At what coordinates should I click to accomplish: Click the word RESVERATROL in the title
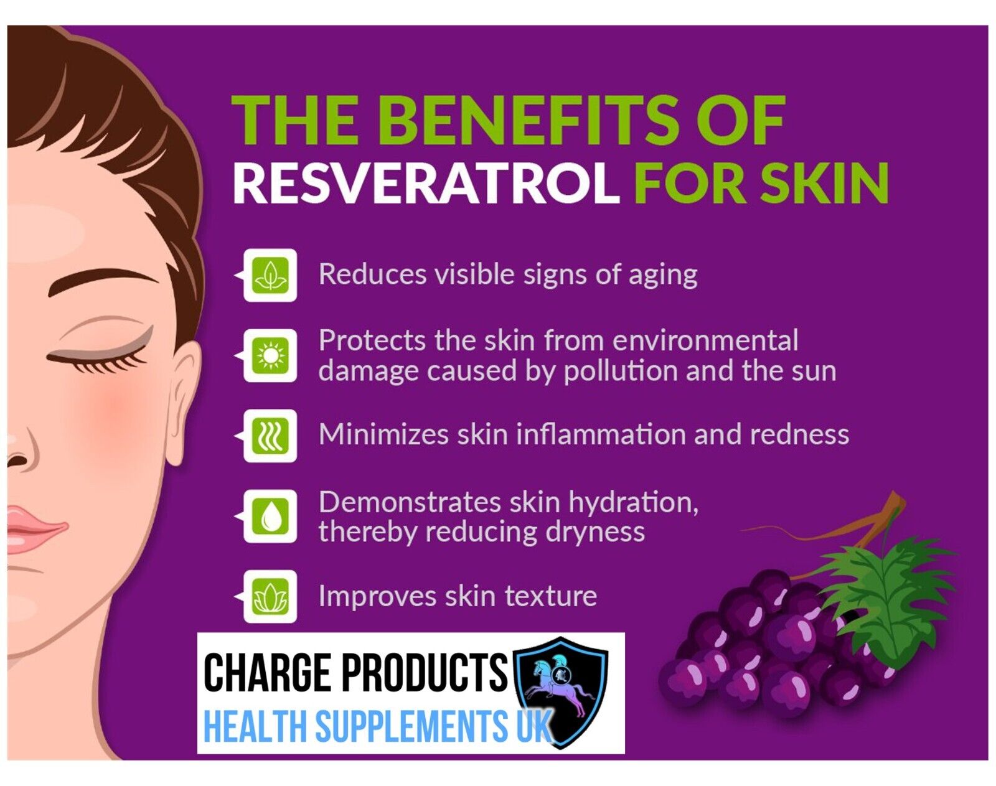[426, 183]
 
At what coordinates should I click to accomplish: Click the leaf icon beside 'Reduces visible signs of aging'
[270, 275]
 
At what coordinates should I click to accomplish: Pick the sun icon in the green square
[270, 356]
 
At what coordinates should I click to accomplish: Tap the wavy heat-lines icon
[270, 436]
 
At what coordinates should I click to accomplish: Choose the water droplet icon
[270, 517]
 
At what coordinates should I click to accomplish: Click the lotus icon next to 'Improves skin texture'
[270, 597]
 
